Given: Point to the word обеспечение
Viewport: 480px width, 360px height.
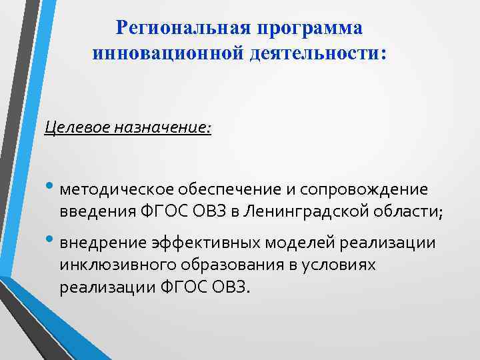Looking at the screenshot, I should pos(208,190).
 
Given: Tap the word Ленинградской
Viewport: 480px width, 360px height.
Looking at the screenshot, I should pos(308,213).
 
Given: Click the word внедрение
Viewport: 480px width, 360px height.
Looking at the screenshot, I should pos(95,243).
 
